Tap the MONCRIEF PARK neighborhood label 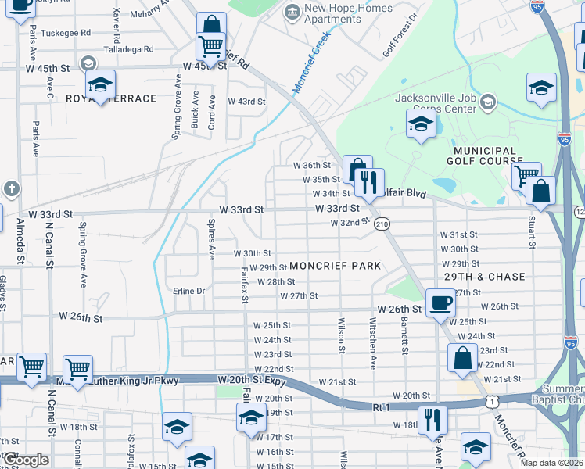tap(335, 266)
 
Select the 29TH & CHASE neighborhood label tap(485, 277)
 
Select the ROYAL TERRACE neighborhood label tap(111, 98)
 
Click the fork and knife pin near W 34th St tap(368, 181)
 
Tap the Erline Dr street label tap(188, 291)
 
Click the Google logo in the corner tap(26, 460)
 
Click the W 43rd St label tap(246, 102)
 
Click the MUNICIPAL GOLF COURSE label tap(483, 156)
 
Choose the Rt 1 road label tap(381, 406)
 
